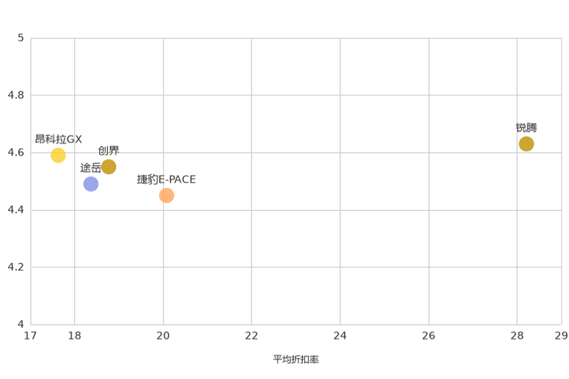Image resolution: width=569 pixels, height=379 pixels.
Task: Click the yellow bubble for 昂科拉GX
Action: tap(58, 155)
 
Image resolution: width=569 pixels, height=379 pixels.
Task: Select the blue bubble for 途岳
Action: tap(91, 184)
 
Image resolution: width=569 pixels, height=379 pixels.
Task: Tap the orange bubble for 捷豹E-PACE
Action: tap(167, 196)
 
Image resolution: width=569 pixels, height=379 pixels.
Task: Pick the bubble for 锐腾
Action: tap(526, 144)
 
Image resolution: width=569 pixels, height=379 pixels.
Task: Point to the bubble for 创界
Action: tap(109, 167)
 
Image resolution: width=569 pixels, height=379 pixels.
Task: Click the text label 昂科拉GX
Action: tap(58, 139)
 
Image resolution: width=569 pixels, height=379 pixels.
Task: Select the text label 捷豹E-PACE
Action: tap(167, 179)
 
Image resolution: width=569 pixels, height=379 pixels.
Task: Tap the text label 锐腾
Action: tap(526, 128)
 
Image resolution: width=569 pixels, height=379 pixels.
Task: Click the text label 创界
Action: tap(109, 151)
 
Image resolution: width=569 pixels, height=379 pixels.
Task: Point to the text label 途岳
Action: tap(91, 168)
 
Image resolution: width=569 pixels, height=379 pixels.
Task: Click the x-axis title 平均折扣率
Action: tap(296, 359)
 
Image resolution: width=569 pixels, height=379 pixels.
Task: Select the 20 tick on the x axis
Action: tap(163, 336)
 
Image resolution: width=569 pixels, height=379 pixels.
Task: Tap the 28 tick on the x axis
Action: tap(517, 336)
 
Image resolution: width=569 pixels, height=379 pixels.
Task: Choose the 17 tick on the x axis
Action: tap(30, 336)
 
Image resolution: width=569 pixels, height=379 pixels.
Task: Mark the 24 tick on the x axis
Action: tap(340, 336)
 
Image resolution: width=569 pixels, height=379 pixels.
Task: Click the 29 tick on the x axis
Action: tap(562, 336)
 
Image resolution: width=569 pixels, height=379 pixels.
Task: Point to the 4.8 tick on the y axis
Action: tap(16, 95)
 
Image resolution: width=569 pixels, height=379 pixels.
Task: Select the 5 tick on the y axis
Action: tap(21, 37)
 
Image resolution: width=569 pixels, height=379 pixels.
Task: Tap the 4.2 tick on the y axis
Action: tap(16, 267)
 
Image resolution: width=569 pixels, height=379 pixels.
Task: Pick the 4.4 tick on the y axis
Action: tap(16, 209)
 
